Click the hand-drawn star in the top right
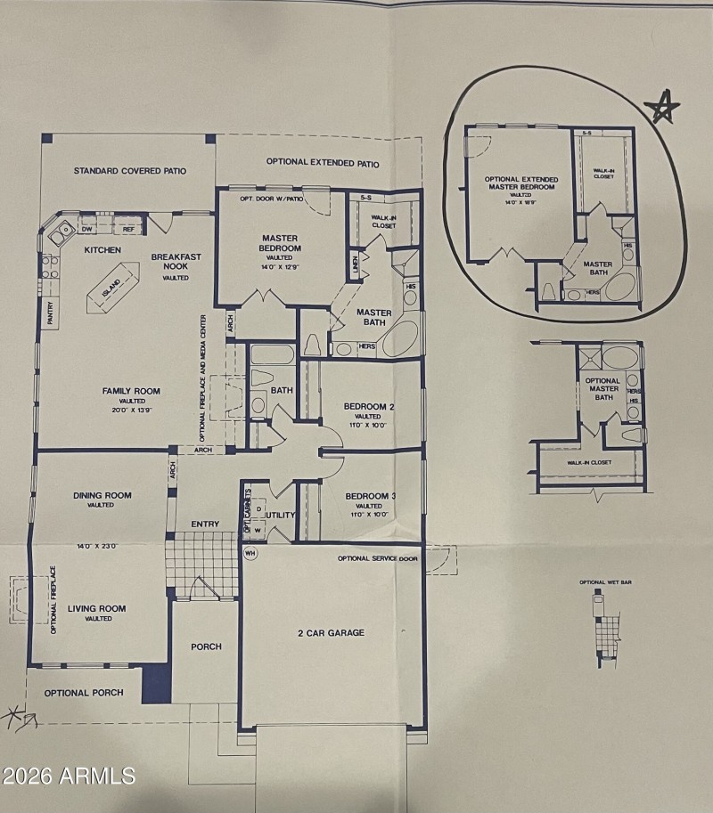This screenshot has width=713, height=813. click(x=661, y=108)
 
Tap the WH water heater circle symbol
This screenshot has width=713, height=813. click(x=250, y=552)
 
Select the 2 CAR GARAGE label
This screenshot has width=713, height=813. click(x=331, y=633)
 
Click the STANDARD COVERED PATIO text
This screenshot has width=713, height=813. click(x=130, y=171)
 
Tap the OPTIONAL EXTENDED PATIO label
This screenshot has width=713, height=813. click(x=323, y=163)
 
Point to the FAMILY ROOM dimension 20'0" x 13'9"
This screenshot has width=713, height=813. click(x=130, y=411)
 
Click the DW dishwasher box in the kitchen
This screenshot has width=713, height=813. click(x=87, y=230)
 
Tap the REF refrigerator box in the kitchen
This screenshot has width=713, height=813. click(x=128, y=230)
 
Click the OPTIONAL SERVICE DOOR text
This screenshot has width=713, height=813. click(x=378, y=559)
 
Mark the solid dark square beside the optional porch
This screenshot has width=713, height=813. click(x=156, y=683)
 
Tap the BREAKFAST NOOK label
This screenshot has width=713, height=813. click(x=176, y=262)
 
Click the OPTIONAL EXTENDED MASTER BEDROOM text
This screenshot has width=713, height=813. click(x=521, y=183)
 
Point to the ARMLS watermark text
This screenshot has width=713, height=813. click(x=69, y=776)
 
